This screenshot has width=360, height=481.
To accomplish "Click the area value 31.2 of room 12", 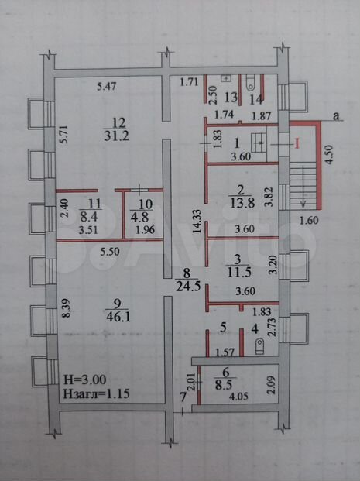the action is point(116,136).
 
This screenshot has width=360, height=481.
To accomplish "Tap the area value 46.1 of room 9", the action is point(118,316).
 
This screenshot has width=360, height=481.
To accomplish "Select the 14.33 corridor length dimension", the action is point(197,221).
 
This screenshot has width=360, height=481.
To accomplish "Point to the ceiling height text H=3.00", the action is point(85,380).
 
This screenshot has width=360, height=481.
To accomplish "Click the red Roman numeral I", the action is point(297,143).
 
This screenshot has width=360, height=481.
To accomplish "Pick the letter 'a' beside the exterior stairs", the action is point(337,116).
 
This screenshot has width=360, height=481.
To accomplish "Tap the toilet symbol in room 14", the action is point(251,84).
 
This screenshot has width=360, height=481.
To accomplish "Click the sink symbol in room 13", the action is point(226,78).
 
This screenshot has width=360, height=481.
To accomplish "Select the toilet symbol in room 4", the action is point(259,347).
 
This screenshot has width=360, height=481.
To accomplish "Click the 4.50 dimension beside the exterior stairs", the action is point(329,155).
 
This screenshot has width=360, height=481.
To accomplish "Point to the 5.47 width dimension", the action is point(106,86).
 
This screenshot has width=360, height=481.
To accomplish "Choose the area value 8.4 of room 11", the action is point(88,217).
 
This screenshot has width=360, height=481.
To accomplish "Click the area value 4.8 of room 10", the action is point(139,217).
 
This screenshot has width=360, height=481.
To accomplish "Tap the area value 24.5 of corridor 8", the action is point(187,287).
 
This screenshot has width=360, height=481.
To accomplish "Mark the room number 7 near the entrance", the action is point(183,397).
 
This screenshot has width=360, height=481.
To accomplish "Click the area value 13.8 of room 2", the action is point(242,203).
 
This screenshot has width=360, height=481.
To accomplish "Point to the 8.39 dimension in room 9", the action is point(67,308).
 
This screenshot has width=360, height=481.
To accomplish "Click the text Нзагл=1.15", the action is point(96,393).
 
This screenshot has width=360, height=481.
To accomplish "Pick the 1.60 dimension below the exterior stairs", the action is point(308,220).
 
